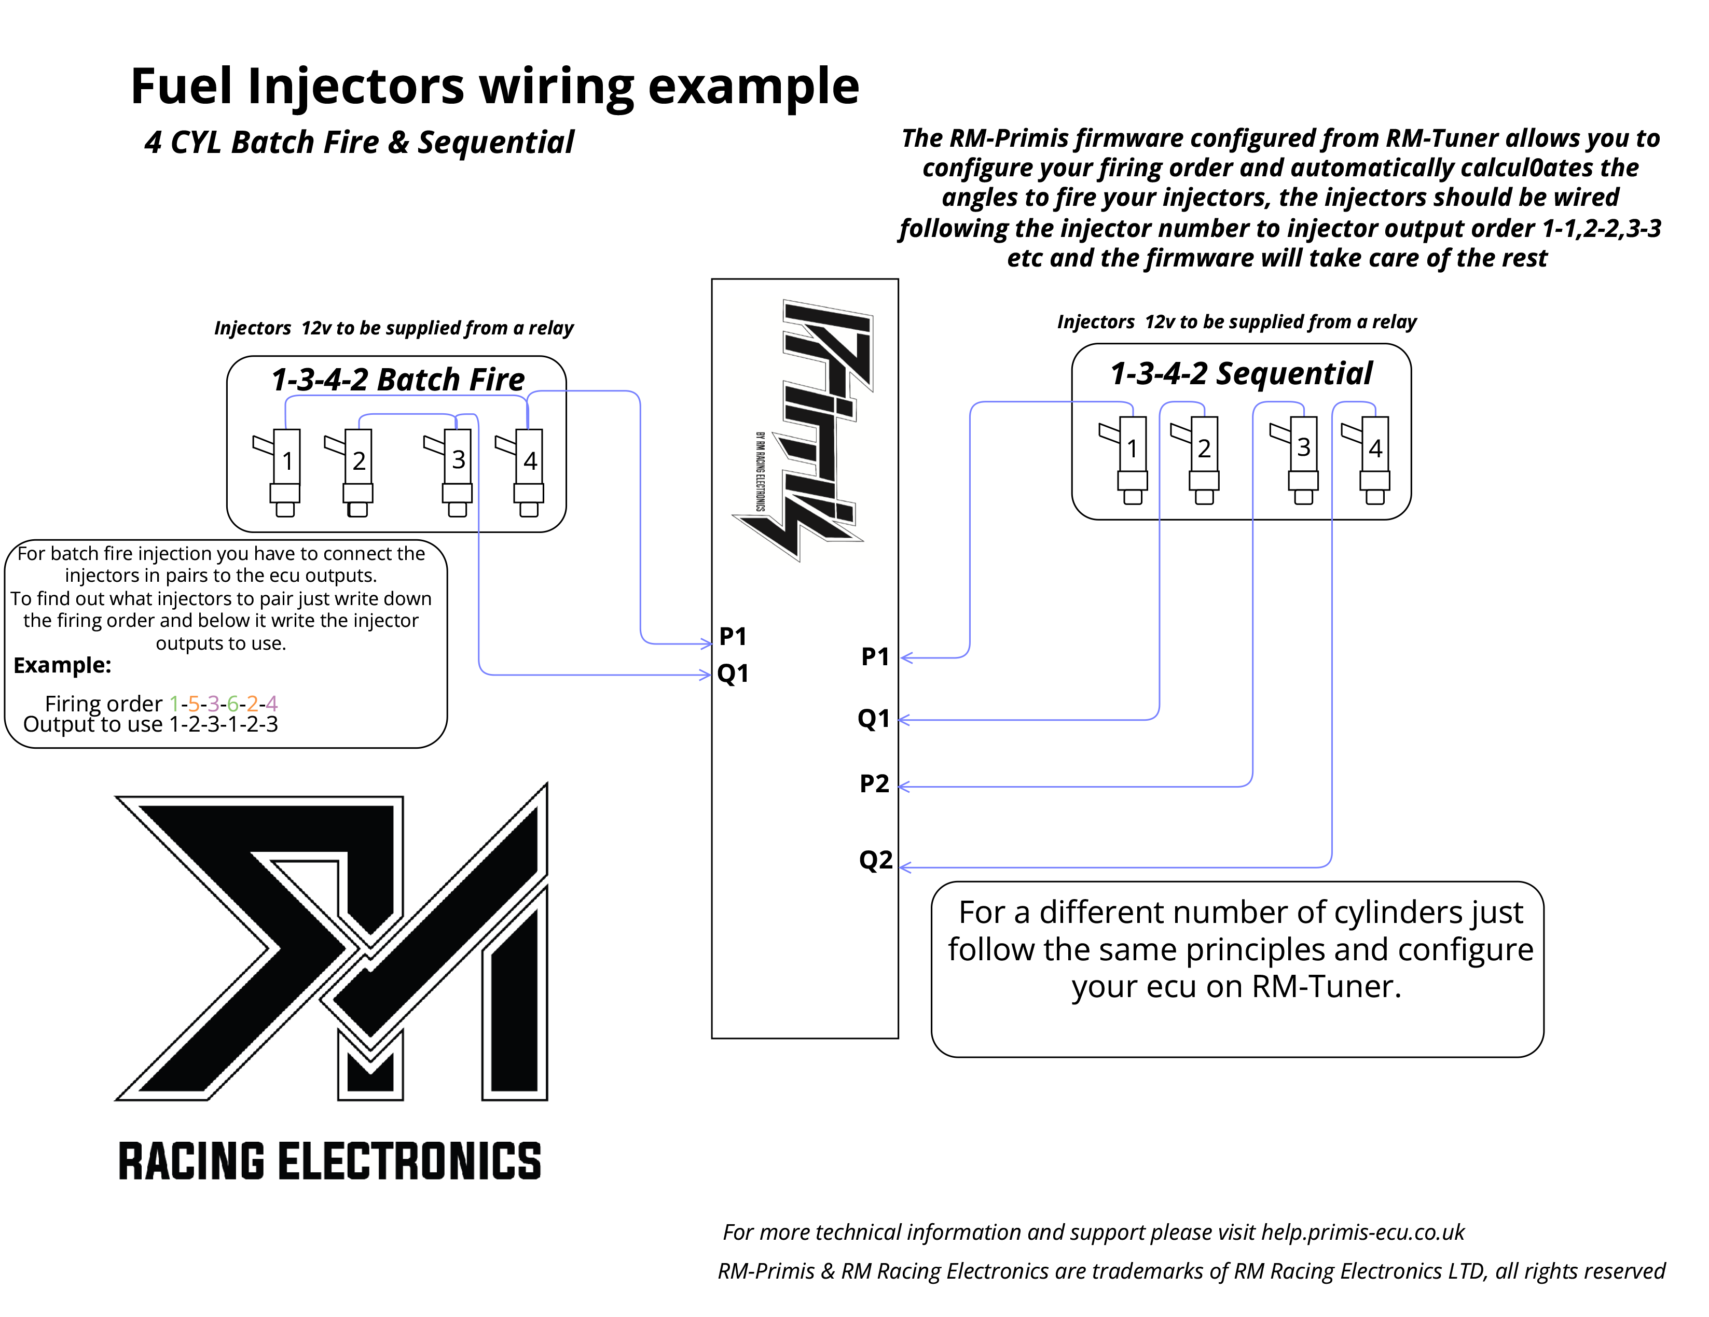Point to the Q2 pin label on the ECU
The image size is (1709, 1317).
coord(875,860)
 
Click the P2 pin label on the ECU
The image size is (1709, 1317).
coord(874,783)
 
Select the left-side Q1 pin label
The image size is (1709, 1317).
coord(733,674)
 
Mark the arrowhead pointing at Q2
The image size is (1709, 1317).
coord(905,867)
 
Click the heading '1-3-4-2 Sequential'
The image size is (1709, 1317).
coord(1241,374)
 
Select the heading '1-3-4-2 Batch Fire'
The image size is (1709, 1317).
coord(397,380)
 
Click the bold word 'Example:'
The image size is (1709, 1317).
coord(63,666)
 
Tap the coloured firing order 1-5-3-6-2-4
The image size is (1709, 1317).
coord(223,703)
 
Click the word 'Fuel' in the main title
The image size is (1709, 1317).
coord(182,86)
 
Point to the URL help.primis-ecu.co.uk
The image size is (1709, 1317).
coord(1362,1232)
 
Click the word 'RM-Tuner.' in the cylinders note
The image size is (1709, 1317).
coord(1326,987)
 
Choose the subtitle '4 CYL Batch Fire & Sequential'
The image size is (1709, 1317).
coord(359,143)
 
